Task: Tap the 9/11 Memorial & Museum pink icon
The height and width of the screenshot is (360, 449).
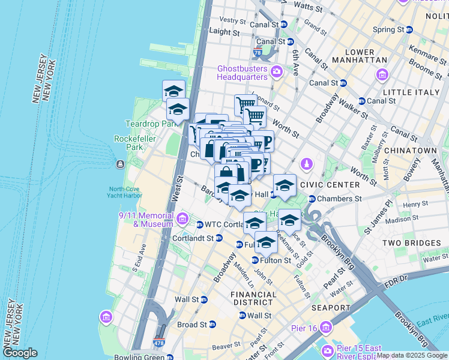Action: click(182, 216)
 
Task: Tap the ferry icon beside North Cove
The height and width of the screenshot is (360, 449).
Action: click(121, 164)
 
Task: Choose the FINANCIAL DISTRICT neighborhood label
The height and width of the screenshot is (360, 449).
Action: click(254, 298)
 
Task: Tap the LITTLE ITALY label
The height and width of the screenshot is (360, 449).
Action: click(410, 92)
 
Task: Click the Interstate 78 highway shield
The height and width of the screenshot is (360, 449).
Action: click(258, 53)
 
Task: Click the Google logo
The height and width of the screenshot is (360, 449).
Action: click(20, 352)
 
